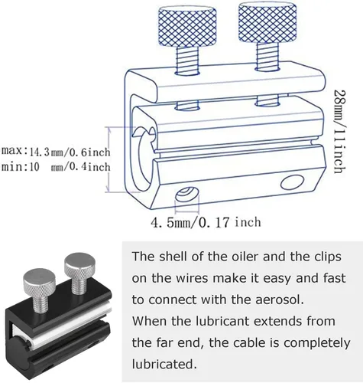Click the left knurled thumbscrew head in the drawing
point(187,26)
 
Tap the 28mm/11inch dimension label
point(340,131)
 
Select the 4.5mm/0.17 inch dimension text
point(206,222)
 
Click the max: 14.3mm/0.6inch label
point(56,152)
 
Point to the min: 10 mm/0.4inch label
point(56,167)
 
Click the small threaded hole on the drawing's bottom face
point(187,195)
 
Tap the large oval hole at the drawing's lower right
point(293,182)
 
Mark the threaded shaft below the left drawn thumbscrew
point(187,60)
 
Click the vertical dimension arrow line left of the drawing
point(109,159)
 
